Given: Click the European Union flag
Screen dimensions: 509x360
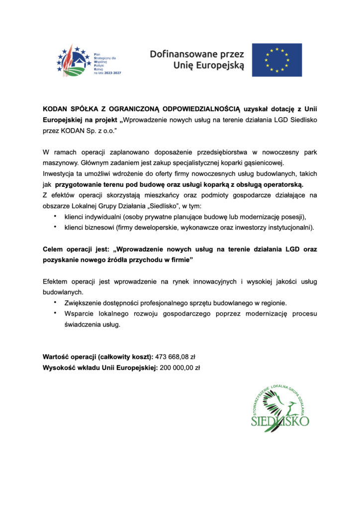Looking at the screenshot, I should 277,60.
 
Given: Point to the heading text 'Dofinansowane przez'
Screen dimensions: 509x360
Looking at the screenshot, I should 197,54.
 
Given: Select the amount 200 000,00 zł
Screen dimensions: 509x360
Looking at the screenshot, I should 180,368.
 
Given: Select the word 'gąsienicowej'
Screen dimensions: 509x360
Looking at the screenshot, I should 277,164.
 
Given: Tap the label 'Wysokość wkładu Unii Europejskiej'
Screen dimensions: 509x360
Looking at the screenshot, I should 99,368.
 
